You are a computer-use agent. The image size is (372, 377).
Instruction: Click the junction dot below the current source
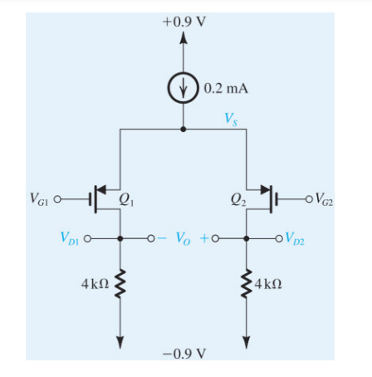click(x=184, y=129)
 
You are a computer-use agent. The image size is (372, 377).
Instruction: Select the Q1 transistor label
click(x=128, y=198)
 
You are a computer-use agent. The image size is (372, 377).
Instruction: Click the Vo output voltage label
click(x=184, y=238)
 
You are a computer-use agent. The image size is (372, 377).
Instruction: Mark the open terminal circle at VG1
click(x=60, y=199)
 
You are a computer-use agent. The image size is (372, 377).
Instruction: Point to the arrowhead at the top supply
click(x=184, y=38)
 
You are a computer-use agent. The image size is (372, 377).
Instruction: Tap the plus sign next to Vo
click(x=205, y=238)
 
